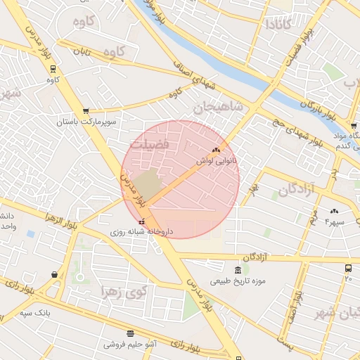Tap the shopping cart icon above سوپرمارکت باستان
[86, 110]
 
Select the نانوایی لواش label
[219, 160]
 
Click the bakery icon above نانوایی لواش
[216, 150]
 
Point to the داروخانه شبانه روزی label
[137, 230]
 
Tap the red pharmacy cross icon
[143, 221]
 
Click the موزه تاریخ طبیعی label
[240, 281]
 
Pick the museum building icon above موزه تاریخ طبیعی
[238, 271]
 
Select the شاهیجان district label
[218, 108]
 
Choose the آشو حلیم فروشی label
[131, 344]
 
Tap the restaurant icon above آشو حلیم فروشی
[130, 333]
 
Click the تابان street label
[83, 51]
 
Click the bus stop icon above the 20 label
[348, 269]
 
